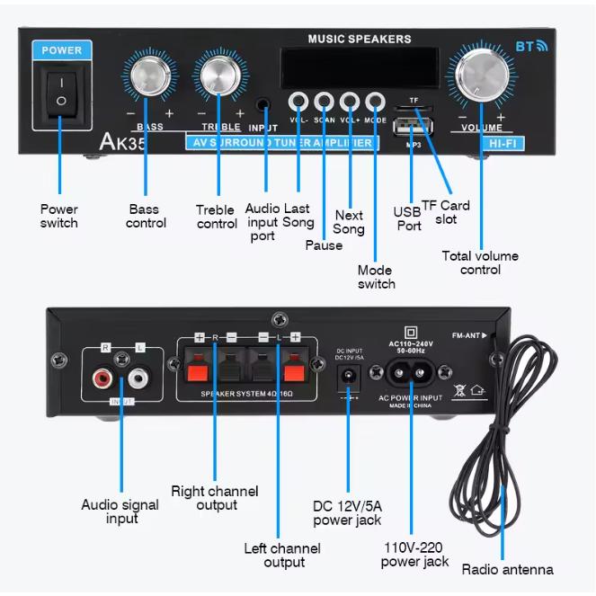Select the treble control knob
[220, 78]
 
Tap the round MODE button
[375, 101]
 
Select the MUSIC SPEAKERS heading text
[360, 40]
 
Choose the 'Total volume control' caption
[480, 262]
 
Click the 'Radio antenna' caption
[507, 569]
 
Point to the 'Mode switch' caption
[376, 277]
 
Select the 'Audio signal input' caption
[120, 511]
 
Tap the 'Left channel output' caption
[282, 555]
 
